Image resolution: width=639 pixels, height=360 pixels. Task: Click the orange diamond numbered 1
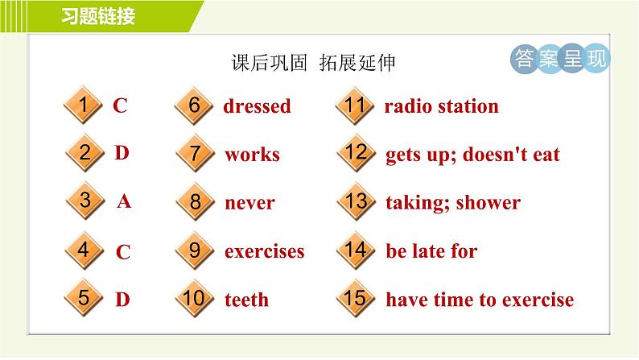pos(83,105)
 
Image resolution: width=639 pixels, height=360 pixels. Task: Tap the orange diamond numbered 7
pos(195,153)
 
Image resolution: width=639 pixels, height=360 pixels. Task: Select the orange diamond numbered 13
pos(357,201)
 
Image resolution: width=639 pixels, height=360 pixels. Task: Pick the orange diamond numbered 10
pos(195,298)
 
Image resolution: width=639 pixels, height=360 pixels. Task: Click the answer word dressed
pos(258,106)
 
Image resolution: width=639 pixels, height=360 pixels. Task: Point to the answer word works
pos(252,155)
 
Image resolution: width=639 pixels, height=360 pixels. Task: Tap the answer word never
pos(249,203)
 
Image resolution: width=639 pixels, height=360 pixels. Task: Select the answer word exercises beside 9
pos(265,251)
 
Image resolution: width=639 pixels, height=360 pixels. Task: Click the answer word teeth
pos(246,300)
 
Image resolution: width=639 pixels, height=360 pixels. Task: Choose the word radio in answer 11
pos(408,106)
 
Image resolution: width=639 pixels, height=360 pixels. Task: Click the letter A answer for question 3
pos(124,201)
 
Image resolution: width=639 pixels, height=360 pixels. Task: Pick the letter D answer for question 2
pos(122,153)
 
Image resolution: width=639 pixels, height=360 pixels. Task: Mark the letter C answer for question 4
pos(123,252)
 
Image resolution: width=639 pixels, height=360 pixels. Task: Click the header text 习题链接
pos(98,16)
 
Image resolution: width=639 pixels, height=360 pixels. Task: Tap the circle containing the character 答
pos(524,59)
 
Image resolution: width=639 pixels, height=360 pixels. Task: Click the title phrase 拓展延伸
pos(357,63)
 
